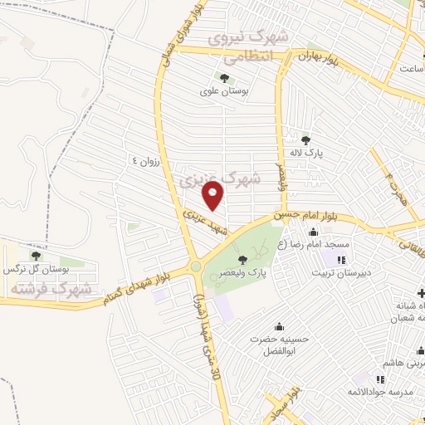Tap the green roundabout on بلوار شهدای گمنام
pos(196,266)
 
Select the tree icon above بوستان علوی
pos(224,77)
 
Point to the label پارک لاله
pos(306,154)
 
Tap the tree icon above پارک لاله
pos(306,139)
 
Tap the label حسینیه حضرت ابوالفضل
pos(279,345)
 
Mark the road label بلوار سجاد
pos(281,402)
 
